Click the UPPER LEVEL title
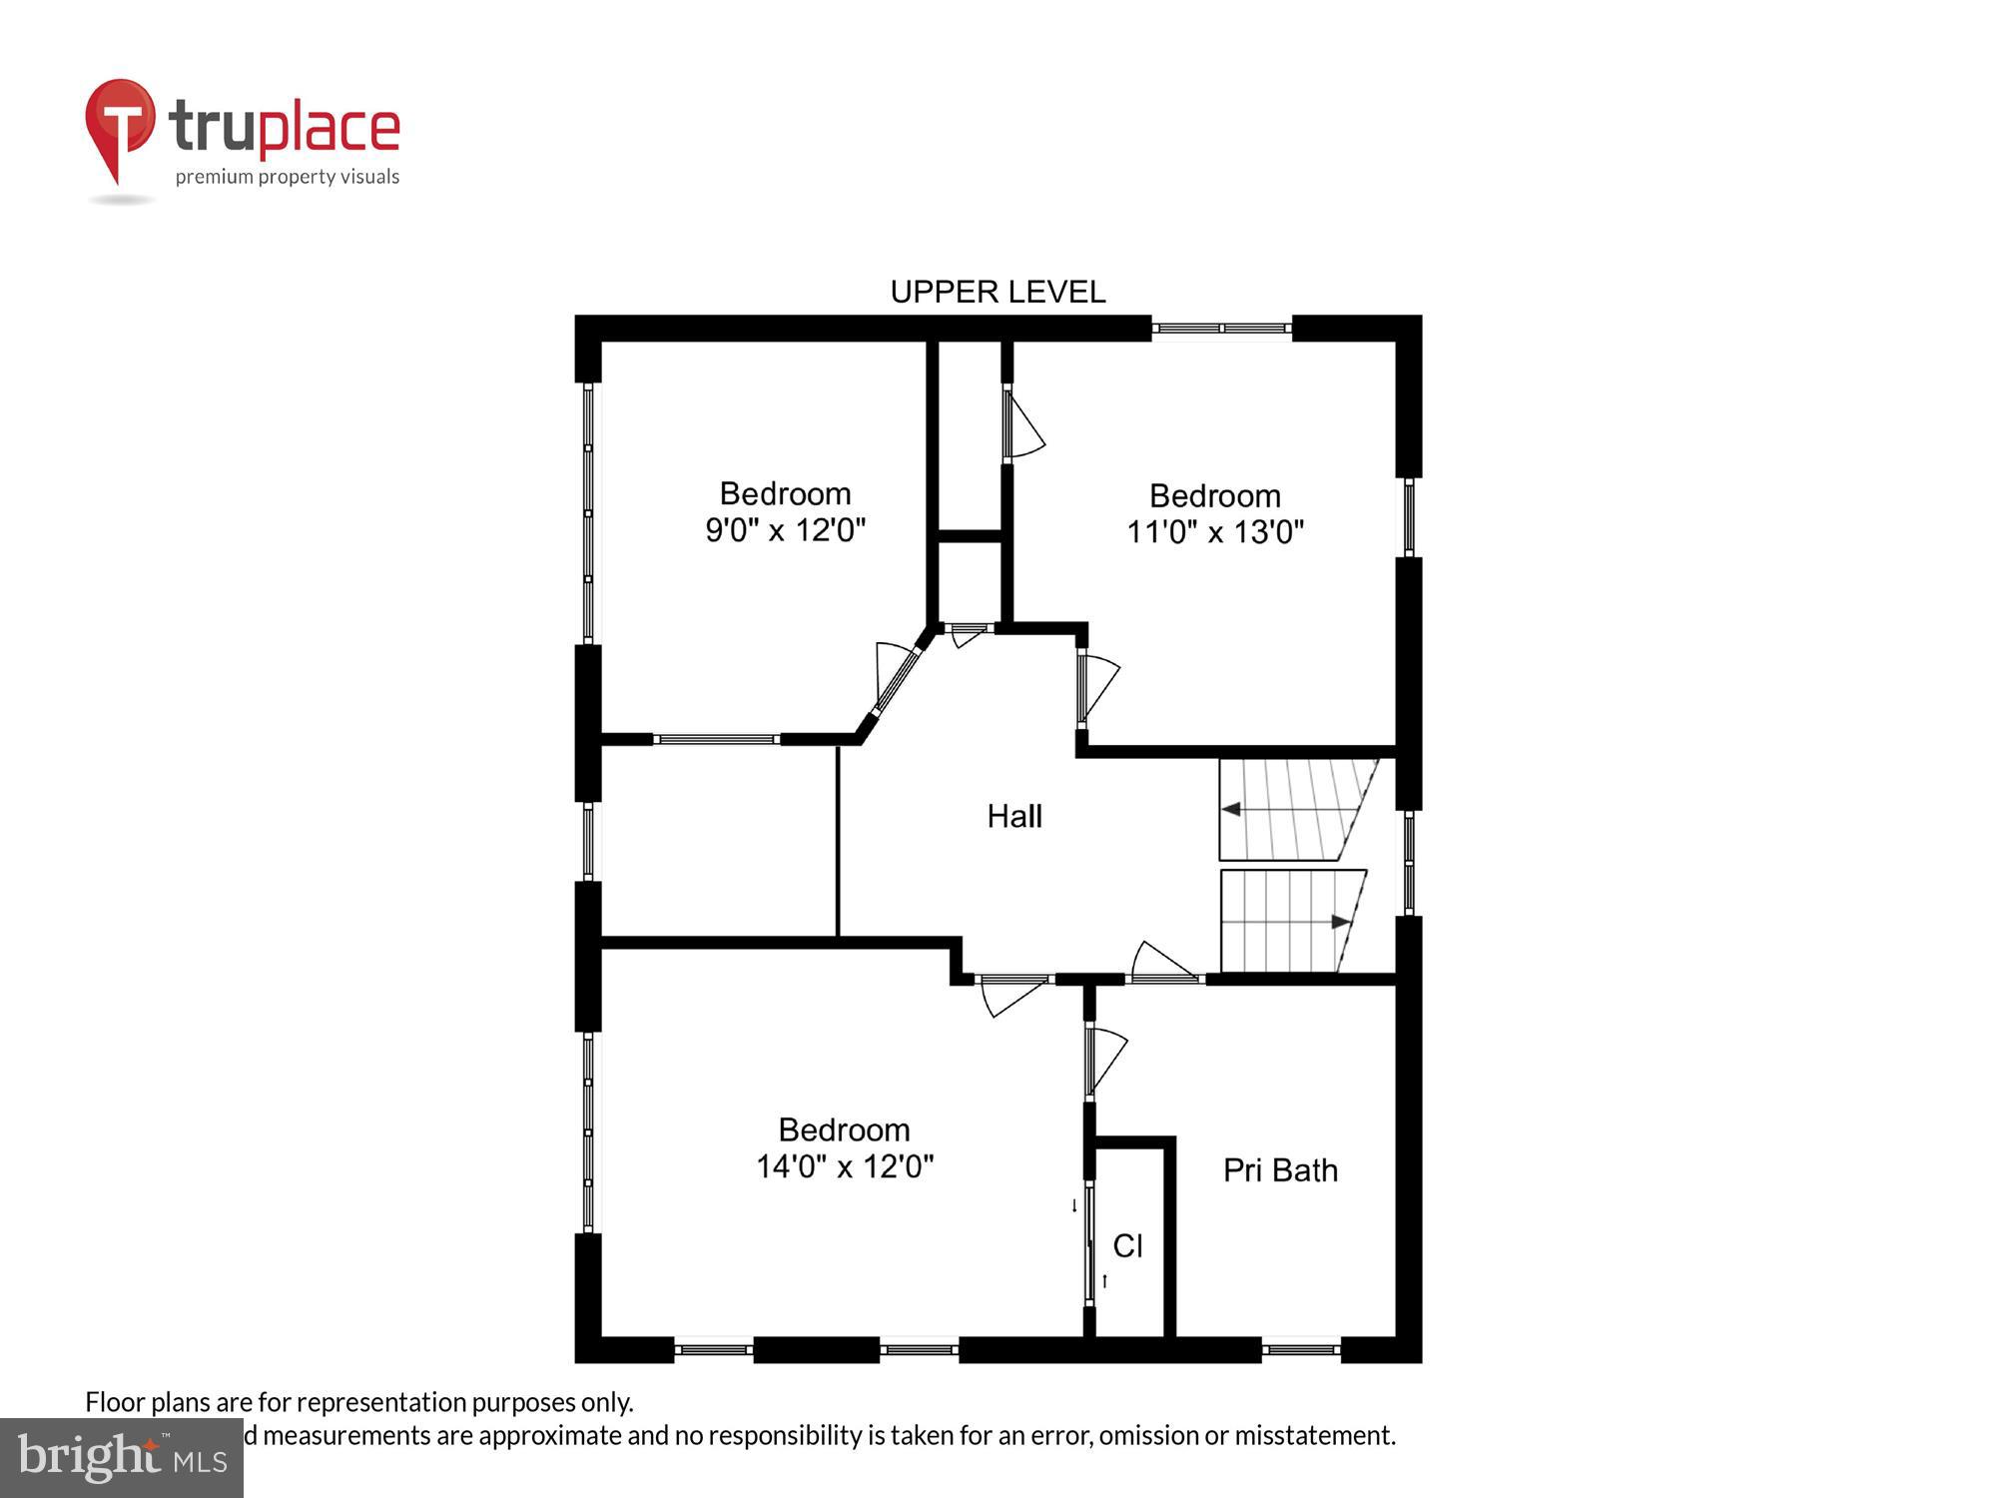coord(998,292)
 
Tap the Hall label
coord(1014,816)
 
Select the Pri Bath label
coord(1280,1169)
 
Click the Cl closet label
coord(1127,1245)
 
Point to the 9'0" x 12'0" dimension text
coord(785,529)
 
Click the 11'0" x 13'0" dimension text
coord(1215,531)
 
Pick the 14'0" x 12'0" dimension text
coord(845,1166)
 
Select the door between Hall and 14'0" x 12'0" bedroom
coord(1012,989)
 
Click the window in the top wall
coord(1221,328)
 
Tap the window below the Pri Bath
coord(1300,1350)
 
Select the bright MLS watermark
coord(122,1458)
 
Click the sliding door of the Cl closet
coord(1089,1243)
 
